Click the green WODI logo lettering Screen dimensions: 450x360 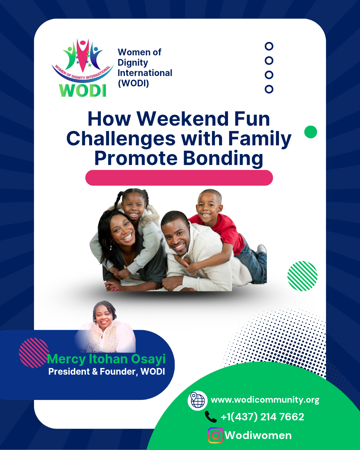(83, 91)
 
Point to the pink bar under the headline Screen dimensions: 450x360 (179, 178)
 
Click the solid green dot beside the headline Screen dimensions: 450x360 (311, 132)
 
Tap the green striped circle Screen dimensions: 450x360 (302, 276)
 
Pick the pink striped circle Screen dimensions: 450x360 (34, 353)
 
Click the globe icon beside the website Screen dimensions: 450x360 (198, 400)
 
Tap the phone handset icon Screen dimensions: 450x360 (211, 417)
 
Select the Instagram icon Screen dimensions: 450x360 (216, 435)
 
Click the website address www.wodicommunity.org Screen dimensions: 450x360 (265, 400)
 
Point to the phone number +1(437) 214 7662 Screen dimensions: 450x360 (262, 417)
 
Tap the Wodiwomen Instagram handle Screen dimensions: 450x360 (258, 435)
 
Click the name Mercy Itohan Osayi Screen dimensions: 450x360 (106, 359)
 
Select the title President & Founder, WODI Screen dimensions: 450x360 (107, 372)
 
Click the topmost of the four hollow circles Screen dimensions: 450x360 (269, 46)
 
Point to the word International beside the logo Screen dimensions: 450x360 (145, 73)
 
